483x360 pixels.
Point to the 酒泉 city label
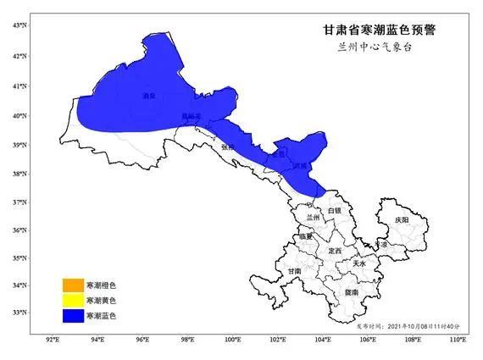pos(149,97)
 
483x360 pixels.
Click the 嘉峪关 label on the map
pos(193,116)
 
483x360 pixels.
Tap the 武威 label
pos(299,167)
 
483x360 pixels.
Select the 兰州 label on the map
pos(313,218)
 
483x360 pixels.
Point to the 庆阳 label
pos(401,219)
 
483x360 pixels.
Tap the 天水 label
pos(359,263)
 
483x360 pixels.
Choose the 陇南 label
pos(350,291)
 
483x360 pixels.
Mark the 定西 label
pos(334,251)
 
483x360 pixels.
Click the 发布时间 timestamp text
pos(407,325)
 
